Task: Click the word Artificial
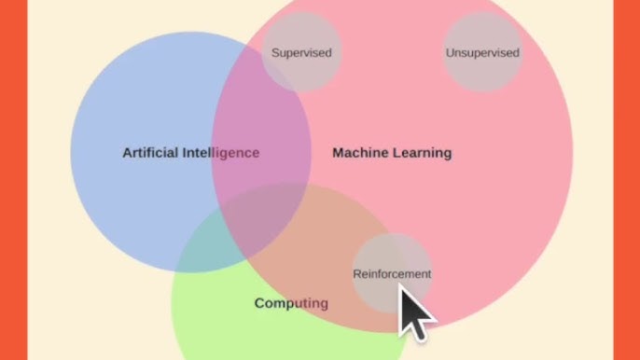(x=150, y=153)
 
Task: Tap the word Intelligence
(x=221, y=153)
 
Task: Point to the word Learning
(x=422, y=153)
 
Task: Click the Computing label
(x=291, y=303)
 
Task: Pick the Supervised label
(x=301, y=53)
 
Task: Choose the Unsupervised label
(x=482, y=53)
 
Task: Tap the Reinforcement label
(x=392, y=274)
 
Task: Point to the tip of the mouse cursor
(x=401, y=285)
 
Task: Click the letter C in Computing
(x=259, y=303)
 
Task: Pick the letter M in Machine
(x=339, y=153)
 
